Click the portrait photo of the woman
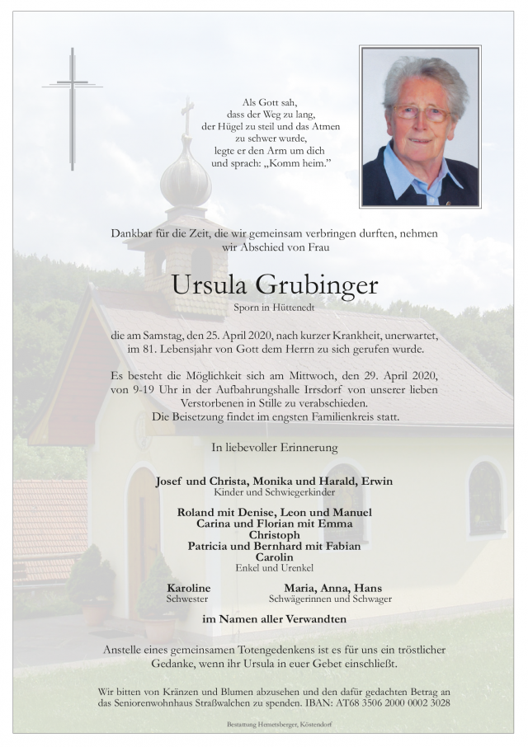pos(419,126)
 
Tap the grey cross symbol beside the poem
pos(73,107)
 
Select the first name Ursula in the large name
pos(210,285)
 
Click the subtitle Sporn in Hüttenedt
pos(275,309)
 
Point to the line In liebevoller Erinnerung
pos(275,448)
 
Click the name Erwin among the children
pos(375,481)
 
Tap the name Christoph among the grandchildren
pos(274,534)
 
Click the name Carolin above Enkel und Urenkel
pos(274,557)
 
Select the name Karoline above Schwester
pos(189,588)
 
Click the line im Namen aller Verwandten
pos(275,619)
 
